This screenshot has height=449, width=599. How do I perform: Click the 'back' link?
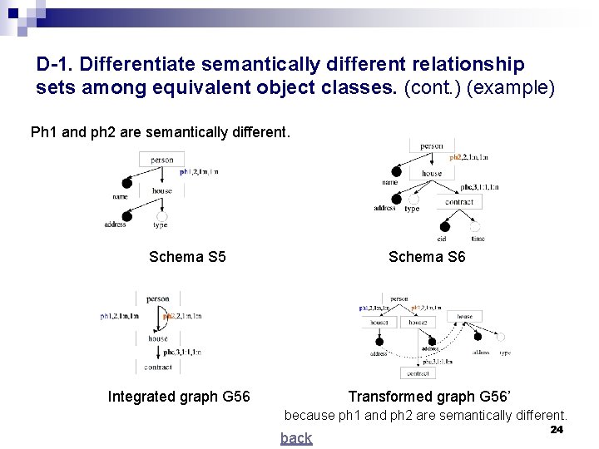[x=296, y=438]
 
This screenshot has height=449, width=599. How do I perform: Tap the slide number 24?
[x=557, y=429]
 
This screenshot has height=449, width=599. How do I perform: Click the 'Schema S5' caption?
[x=187, y=257]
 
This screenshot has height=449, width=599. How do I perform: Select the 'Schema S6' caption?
[x=427, y=257]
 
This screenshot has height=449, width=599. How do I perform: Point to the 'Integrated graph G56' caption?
[x=179, y=397]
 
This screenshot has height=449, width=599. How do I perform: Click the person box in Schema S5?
[x=162, y=160]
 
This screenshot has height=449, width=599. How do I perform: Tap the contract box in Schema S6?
[x=458, y=202]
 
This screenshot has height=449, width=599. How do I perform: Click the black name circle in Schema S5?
[x=126, y=183]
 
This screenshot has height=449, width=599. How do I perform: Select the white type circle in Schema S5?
[x=161, y=215]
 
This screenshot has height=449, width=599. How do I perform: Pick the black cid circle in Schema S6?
[x=445, y=226]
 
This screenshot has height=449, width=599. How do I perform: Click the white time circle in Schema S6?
[x=476, y=226]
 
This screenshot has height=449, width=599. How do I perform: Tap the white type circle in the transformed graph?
[x=500, y=338]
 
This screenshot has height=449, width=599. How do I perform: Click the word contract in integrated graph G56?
[x=157, y=367]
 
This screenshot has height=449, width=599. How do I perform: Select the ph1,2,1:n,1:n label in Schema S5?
[x=199, y=172]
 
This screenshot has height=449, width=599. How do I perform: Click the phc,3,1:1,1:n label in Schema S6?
[x=479, y=187]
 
